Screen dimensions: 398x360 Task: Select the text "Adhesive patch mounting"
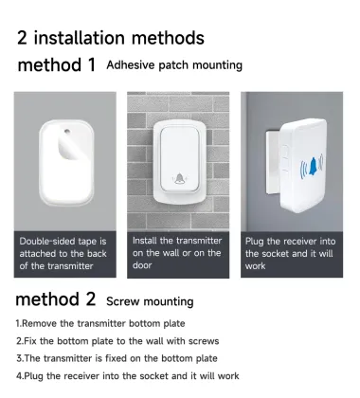click(174, 65)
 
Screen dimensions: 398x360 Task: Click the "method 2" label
click(58, 301)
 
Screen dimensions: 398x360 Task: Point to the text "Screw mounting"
click(150, 301)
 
